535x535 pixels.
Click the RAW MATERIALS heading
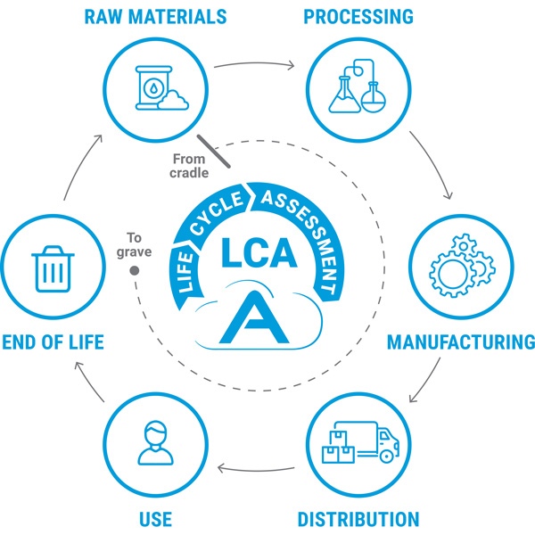(155, 17)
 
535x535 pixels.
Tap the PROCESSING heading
(358, 17)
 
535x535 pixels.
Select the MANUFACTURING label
(461, 342)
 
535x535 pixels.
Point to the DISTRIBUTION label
(358, 519)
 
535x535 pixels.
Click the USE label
(155, 519)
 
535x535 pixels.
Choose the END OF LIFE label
(53, 342)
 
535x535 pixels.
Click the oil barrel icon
(153, 87)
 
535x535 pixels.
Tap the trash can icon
(53, 269)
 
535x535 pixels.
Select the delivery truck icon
(360, 442)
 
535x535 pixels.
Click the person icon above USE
(155, 442)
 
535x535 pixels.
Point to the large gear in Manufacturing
(450, 275)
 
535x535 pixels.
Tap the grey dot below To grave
(135, 270)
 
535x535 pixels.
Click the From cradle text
(189, 166)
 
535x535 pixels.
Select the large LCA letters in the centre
(259, 253)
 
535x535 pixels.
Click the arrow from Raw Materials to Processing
(254, 63)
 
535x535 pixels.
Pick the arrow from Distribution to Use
(256, 470)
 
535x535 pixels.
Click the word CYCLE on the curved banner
(217, 213)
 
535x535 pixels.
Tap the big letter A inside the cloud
(254, 317)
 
